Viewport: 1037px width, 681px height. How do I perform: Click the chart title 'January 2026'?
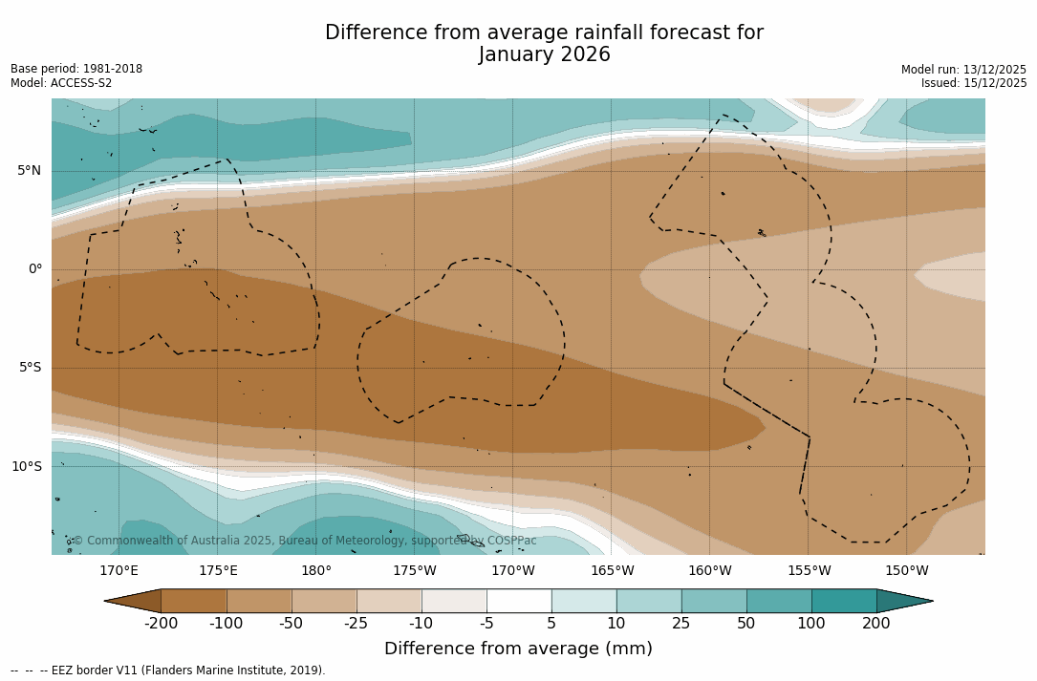pos(544,55)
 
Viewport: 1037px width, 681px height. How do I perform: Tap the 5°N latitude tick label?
pos(30,171)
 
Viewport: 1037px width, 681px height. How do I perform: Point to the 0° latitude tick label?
pos(35,269)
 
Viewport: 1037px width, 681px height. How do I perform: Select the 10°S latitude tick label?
pos(27,467)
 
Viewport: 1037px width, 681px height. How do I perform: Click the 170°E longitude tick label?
pos(119,571)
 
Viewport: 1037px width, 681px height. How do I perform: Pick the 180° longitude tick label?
pos(316,571)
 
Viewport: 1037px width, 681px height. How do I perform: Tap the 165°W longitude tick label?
pos(612,571)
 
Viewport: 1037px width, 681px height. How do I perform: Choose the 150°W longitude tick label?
pos(907,571)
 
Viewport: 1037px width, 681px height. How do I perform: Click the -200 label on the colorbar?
pos(161,624)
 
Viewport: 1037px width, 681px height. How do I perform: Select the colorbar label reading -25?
pos(356,624)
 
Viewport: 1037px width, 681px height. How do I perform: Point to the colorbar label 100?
pos(811,624)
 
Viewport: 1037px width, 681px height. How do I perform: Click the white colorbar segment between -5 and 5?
pos(519,601)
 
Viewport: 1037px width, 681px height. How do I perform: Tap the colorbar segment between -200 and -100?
pos(194,601)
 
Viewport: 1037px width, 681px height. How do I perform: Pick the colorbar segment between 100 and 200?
pos(844,601)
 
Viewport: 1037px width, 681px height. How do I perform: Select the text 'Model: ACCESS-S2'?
pos(61,83)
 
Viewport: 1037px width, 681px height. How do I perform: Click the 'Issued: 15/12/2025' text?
pos(973,83)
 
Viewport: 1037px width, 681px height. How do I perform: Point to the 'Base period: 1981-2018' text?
pos(76,69)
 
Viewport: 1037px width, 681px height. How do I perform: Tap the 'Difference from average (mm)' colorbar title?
pos(518,649)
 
